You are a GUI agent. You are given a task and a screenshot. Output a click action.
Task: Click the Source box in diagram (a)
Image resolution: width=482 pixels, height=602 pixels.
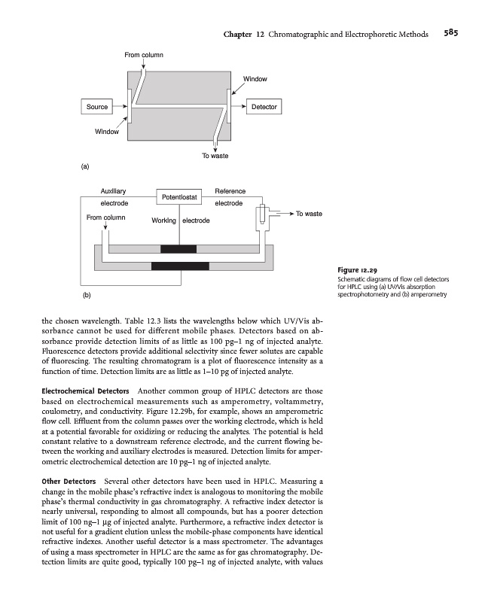coord(96,108)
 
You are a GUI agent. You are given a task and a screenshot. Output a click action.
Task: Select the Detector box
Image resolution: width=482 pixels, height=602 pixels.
coord(264,108)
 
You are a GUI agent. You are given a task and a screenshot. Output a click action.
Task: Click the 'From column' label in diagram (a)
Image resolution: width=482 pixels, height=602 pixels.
coord(144,55)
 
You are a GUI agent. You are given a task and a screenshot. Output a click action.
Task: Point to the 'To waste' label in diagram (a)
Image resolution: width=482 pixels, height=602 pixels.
coord(215,157)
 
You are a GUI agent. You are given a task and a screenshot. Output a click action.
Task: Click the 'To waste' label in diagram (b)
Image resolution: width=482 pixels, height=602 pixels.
coord(309,214)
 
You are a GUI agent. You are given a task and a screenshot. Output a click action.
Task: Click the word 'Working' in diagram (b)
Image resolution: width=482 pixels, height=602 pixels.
coord(164,220)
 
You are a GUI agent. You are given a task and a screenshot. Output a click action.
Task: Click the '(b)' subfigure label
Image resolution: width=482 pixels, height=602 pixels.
coord(85,296)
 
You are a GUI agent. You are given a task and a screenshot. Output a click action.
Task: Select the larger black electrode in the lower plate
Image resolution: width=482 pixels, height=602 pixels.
coord(180,265)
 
